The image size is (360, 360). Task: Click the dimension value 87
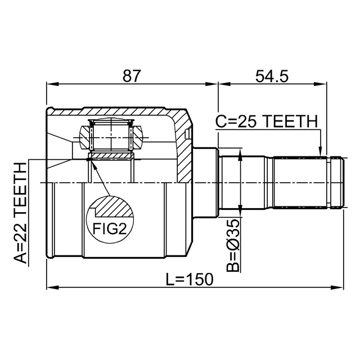pos(131,76)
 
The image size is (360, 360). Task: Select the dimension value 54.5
pos(272,76)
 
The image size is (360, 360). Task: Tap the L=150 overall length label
pos(190,279)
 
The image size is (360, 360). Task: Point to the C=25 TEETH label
pos(267,121)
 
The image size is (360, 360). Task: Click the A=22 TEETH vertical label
pos(20,213)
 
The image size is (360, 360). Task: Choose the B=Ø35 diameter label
pos(233,245)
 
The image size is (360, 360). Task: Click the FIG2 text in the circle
pos(110,228)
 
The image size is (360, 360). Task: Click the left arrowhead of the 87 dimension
pos(52,84)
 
